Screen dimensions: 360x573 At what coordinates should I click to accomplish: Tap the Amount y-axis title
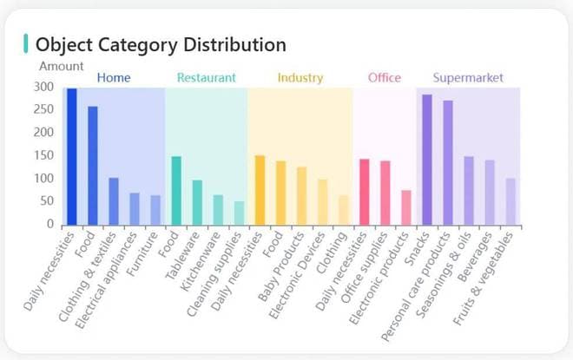pyautogui.click(x=62, y=66)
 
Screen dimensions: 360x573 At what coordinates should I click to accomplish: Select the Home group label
pyautogui.click(x=114, y=78)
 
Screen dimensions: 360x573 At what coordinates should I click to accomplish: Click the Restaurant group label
pyautogui.click(x=206, y=78)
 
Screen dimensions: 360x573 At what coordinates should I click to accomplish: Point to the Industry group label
pyautogui.click(x=300, y=78)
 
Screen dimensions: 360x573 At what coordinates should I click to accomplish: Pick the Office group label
pyautogui.click(x=385, y=78)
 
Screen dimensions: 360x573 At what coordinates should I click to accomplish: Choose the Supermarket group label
pyautogui.click(x=468, y=78)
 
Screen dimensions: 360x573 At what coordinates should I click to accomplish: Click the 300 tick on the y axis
pyautogui.click(x=44, y=87)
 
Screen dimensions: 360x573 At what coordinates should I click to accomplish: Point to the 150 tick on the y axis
pyautogui.click(x=44, y=155)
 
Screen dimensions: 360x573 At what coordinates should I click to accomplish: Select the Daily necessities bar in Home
pyautogui.click(x=72, y=156)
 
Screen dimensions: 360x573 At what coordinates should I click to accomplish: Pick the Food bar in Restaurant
pyautogui.click(x=176, y=190)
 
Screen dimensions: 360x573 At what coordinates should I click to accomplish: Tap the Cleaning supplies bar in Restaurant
pyautogui.click(x=239, y=213)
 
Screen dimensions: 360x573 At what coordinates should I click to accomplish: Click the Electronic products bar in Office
pyautogui.click(x=405, y=207)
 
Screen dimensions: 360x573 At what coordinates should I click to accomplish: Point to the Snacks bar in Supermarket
pyautogui.click(x=426, y=160)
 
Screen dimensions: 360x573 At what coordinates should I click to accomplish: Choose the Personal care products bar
pyautogui.click(x=448, y=162)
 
